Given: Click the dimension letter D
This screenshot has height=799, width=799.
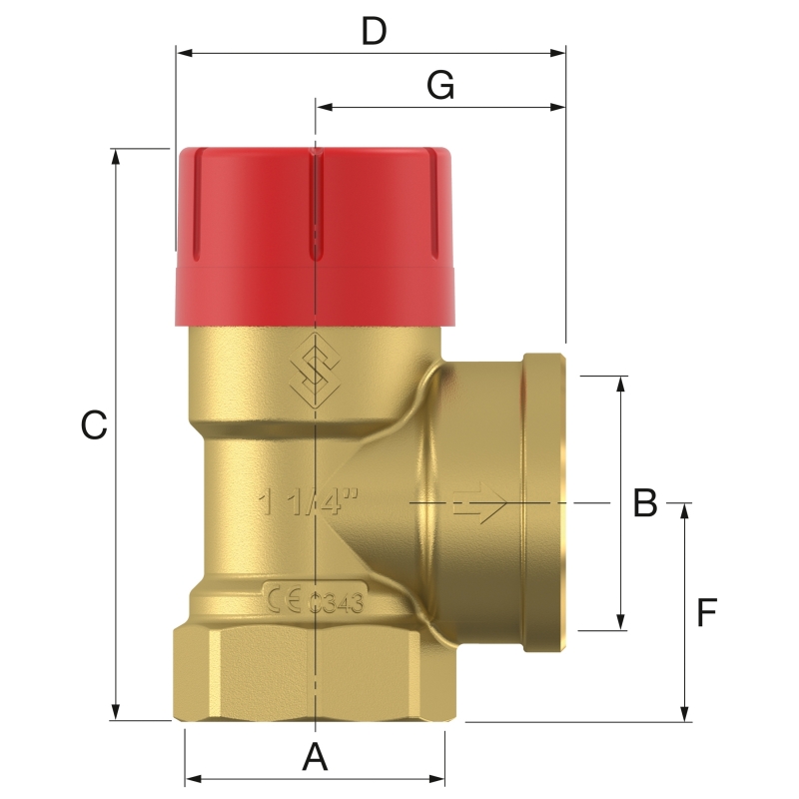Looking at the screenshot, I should pos(374,31).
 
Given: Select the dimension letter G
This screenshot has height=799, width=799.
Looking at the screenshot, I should pos(440,87).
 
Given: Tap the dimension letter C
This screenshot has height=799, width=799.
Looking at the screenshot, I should pos(93,425).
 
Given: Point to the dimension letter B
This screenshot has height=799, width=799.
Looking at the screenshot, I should pos(645,502).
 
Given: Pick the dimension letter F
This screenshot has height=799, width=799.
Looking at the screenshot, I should pos(707,612).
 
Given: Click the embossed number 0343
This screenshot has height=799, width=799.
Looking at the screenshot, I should pos(335,602).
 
